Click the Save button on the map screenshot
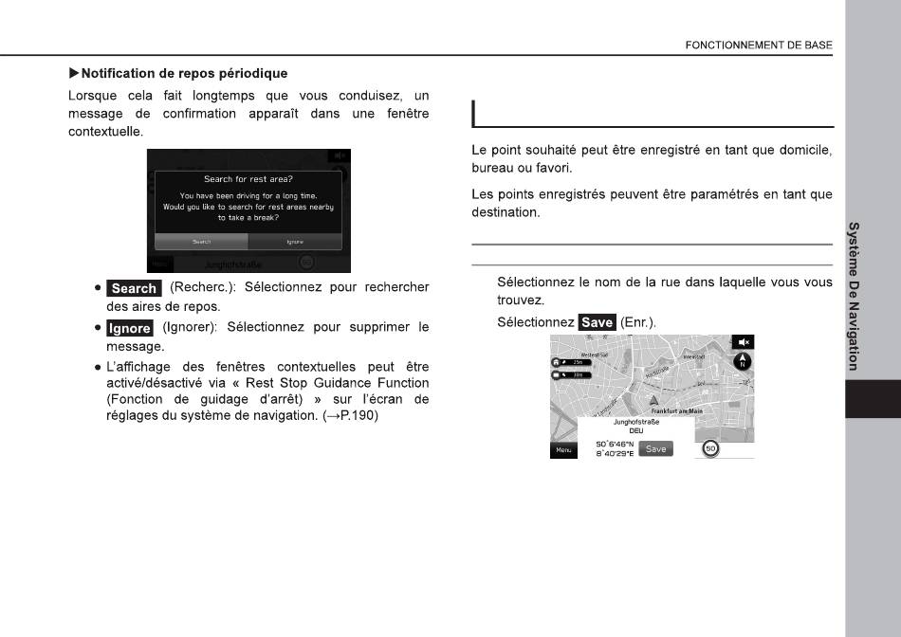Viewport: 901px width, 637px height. [x=655, y=448]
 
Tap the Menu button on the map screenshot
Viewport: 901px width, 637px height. [x=564, y=449]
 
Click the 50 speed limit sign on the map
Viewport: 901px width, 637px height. [x=711, y=448]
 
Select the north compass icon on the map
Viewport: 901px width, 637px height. [x=743, y=361]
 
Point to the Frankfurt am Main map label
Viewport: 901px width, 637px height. [x=676, y=410]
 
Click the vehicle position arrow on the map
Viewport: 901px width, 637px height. [x=653, y=401]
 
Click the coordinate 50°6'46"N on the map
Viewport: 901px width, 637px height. [x=614, y=443]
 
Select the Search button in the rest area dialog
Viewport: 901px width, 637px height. [x=201, y=242]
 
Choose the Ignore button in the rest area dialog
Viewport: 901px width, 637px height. [x=294, y=242]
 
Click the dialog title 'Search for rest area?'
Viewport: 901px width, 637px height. [x=248, y=179]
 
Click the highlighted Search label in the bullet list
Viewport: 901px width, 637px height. [x=134, y=288]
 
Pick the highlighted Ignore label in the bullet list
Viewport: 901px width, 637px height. [x=130, y=328]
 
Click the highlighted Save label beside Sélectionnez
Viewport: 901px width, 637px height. [x=597, y=322]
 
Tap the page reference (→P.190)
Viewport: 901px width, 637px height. [x=347, y=416]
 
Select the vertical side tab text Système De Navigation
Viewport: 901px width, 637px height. [x=855, y=295]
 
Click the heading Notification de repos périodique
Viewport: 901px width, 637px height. [x=184, y=73]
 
